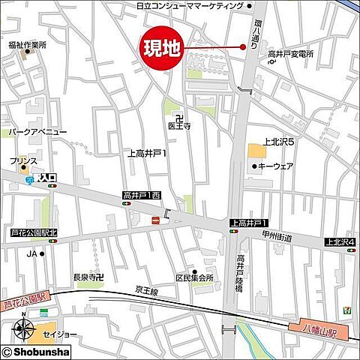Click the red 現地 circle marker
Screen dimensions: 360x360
tap(160, 49)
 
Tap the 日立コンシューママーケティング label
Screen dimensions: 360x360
tap(190, 5)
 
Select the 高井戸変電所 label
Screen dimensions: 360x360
tap(291, 55)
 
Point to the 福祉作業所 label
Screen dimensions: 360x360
tap(28, 44)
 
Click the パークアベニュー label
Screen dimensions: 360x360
tap(37, 131)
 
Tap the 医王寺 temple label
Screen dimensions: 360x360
tap(180, 127)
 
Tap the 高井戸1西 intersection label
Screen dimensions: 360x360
tap(142, 196)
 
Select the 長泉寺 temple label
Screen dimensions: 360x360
tap(87, 276)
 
